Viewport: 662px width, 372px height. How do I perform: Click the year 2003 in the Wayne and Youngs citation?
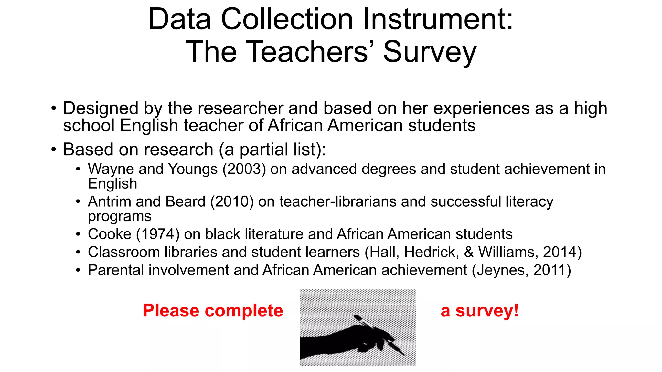(244, 169)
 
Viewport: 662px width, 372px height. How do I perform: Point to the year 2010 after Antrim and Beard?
(232, 202)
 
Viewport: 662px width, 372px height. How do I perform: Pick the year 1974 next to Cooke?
(158, 234)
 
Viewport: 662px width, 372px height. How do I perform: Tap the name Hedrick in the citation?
(432, 252)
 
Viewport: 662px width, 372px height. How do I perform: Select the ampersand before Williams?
(469, 252)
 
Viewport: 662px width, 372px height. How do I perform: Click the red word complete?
(244, 311)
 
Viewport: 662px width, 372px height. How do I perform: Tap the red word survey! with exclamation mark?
(487, 311)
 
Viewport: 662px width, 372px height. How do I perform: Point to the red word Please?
(171, 311)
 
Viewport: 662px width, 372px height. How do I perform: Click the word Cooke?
(110, 234)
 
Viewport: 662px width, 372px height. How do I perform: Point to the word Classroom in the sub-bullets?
(124, 252)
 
